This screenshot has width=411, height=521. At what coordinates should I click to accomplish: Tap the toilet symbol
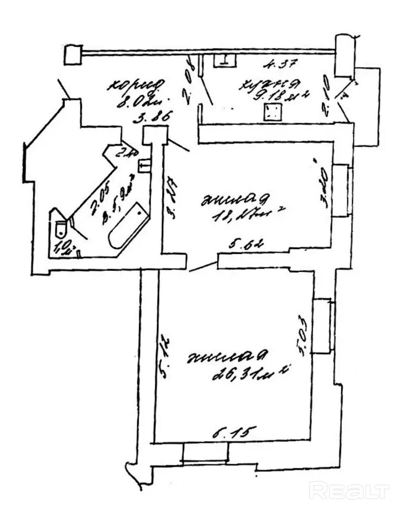[60, 228]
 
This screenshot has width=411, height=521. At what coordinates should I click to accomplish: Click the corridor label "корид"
[136, 84]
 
